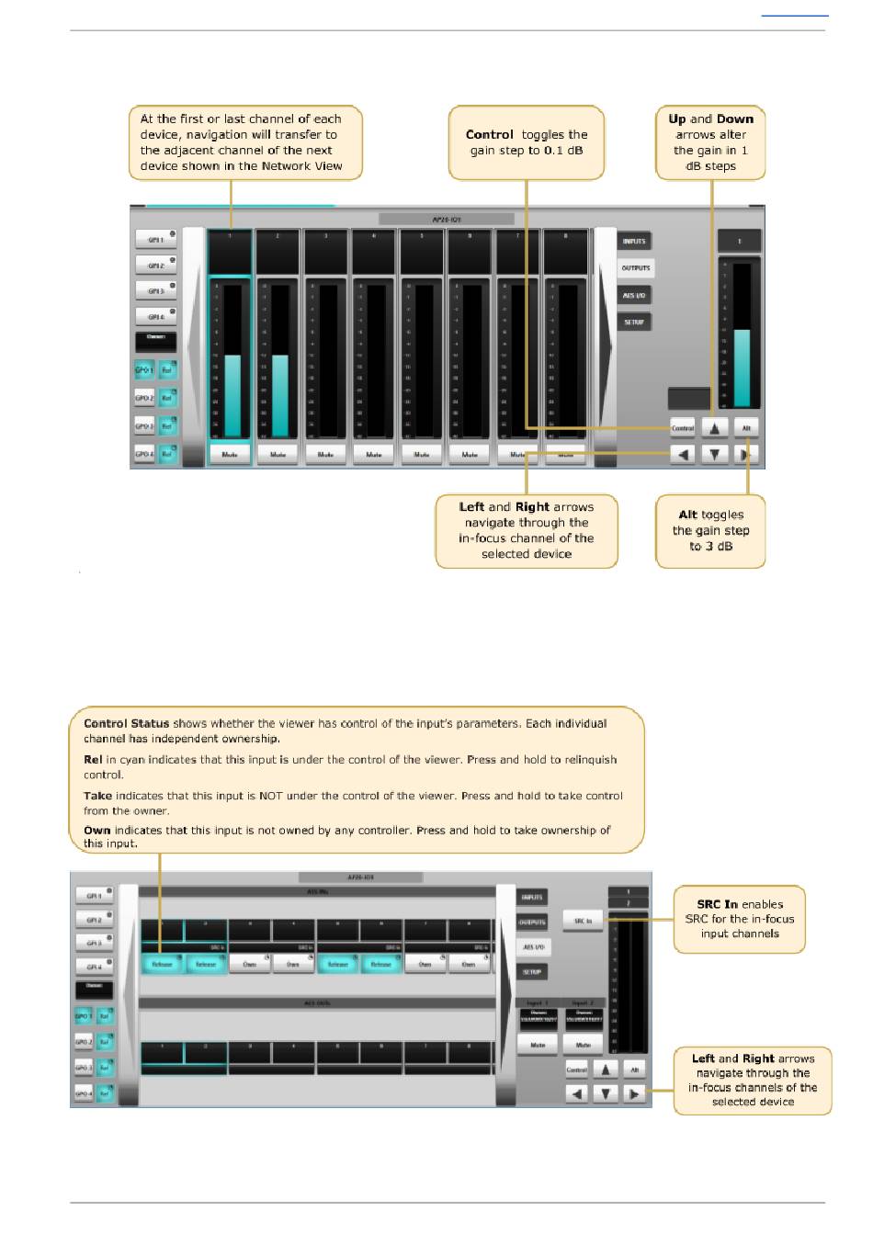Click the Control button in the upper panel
(683, 428)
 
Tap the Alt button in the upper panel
(746, 428)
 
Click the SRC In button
(584, 920)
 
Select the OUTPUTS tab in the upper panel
(635, 268)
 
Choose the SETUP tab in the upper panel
(634, 322)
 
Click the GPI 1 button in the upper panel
(156, 240)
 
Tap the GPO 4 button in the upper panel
(144, 454)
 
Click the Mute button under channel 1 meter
(230, 454)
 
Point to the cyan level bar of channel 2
(279, 395)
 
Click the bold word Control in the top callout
(489, 134)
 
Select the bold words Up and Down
(710, 119)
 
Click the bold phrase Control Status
(126, 723)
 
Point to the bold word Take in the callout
(97, 796)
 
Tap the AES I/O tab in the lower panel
(533, 946)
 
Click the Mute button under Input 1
(538, 1045)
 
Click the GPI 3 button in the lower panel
(94, 943)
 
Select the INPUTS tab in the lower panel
(532, 897)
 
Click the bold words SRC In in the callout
(717, 904)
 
